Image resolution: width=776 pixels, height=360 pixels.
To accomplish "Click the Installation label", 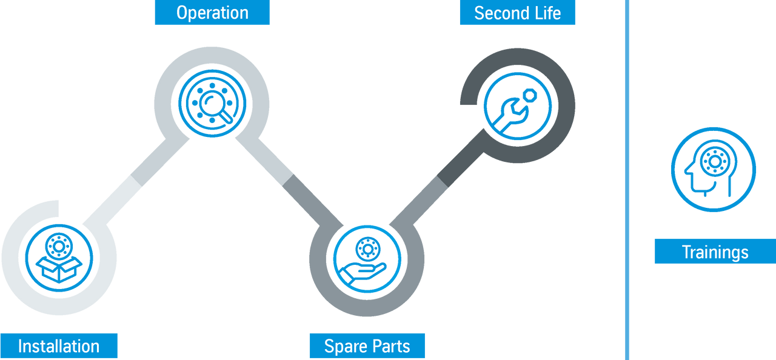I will pyautogui.click(x=59, y=346).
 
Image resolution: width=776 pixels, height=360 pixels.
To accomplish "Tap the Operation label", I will pyautogui.click(x=212, y=13).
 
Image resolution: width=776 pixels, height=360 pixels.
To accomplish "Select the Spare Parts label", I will pyautogui.click(x=367, y=346).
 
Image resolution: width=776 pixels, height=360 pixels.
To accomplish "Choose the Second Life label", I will pyautogui.click(x=517, y=13).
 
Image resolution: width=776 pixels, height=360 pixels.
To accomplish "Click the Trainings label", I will pyautogui.click(x=714, y=252).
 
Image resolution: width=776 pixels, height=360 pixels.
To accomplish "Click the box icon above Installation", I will pyautogui.click(x=59, y=259).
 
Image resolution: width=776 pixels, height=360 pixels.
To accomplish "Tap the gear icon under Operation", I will pyautogui.click(x=212, y=104).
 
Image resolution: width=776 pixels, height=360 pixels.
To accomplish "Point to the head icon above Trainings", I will pyautogui.click(x=713, y=170).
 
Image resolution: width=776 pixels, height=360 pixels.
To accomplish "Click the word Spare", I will pyautogui.click(x=343, y=346).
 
